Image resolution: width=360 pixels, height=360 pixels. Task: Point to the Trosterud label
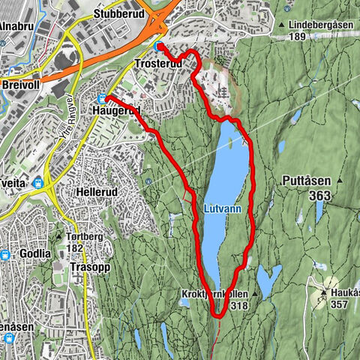coord(157,64)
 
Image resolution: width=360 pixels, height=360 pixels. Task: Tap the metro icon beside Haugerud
coord(101,97)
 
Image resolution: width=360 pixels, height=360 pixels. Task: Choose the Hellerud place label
coord(99,191)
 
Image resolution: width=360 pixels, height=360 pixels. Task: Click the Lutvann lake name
coord(223,209)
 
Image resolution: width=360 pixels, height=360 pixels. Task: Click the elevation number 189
coord(297,36)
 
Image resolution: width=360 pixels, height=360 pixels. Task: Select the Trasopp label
coord(85,266)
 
